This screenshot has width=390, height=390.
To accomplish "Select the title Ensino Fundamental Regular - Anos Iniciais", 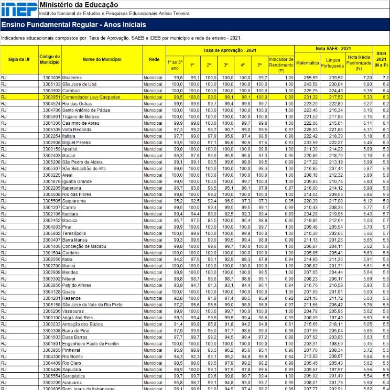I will click(73, 25).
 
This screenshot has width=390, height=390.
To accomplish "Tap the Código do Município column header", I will click(50, 59).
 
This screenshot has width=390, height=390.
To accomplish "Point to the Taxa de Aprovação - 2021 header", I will click(229, 50).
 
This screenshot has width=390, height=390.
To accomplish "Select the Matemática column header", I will click(308, 62).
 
